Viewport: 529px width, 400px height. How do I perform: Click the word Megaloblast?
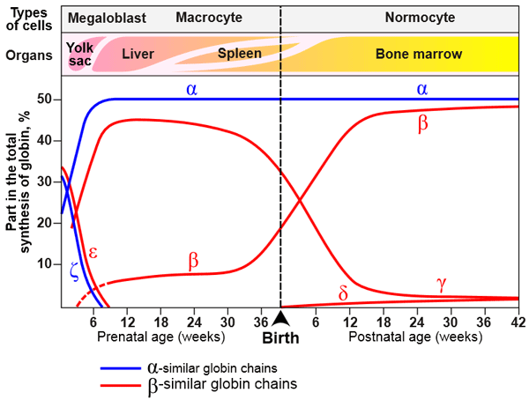101,18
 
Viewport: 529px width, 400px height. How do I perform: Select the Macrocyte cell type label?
209,18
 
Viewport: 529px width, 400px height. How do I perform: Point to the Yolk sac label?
80,54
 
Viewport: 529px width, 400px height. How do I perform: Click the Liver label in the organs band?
138,55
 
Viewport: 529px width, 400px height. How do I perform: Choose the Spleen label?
239,55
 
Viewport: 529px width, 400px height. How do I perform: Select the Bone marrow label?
419,55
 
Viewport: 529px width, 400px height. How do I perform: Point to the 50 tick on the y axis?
46,100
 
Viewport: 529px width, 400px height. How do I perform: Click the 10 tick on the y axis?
46,263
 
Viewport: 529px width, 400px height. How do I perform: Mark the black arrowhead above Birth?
280,318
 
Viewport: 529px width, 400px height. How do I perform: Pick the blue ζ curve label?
74,274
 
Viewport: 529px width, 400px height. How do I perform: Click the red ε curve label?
92,253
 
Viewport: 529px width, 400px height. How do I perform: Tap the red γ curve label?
442,283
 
